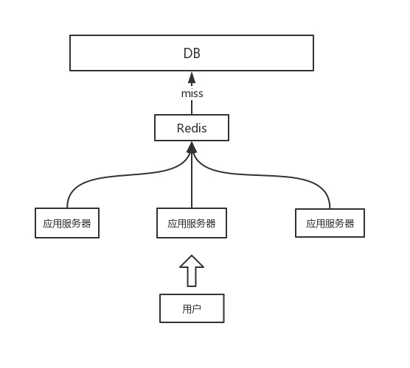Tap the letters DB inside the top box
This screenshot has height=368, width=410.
[x=192, y=53]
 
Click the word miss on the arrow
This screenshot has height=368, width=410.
[x=192, y=93]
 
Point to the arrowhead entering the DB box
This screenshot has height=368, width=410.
[x=192, y=78]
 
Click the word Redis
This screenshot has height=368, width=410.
[x=192, y=128]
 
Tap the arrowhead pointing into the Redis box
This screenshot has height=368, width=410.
[x=192, y=147]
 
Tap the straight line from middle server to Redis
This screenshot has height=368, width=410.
[x=192, y=180]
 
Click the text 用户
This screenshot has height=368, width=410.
[x=192, y=309]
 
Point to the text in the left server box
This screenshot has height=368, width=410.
[x=67, y=224]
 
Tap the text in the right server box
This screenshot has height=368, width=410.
[x=330, y=224]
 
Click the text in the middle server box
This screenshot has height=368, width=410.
[x=192, y=224]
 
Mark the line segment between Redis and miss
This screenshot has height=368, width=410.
[x=192, y=107]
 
